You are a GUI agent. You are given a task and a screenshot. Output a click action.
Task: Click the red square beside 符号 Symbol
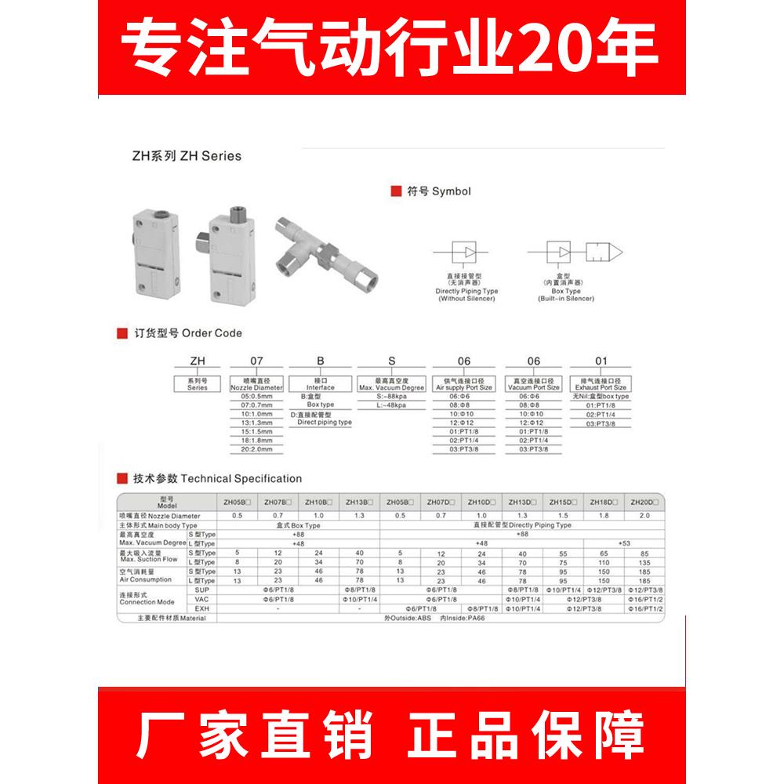[x=395, y=191]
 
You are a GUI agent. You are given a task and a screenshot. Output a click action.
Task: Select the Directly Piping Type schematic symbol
[x=467, y=252]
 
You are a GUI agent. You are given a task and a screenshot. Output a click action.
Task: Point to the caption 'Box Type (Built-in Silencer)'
[x=565, y=294]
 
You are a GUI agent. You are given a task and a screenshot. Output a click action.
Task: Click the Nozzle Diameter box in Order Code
[x=256, y=384]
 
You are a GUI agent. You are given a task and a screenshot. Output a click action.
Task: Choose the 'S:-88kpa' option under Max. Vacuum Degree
[x=390, y=397]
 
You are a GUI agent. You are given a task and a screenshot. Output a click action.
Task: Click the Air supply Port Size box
[x=463, y=384]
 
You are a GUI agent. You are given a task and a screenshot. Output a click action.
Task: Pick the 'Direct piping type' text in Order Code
[x=324, y=422]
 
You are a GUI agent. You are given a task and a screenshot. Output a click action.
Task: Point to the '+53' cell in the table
[x=623, y=543]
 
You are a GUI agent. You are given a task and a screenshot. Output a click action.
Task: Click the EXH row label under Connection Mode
[x=201, y=608]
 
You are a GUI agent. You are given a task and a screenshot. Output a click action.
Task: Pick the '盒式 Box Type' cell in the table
[x=298, y=524]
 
